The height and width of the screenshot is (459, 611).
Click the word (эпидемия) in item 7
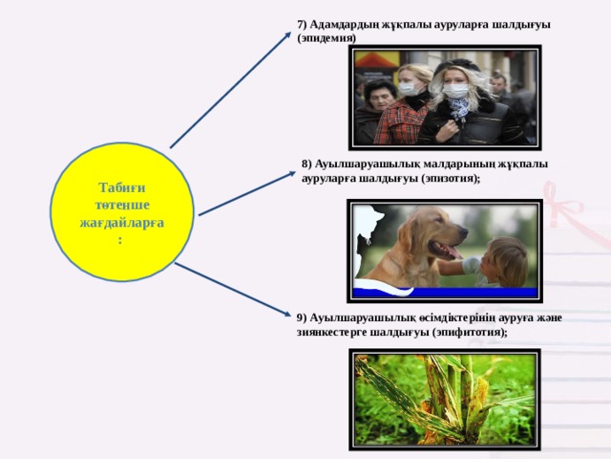click(x=327, y=38)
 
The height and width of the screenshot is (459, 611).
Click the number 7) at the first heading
click(x=302, y=25)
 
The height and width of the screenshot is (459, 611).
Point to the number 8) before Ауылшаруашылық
click(x=306, y=164)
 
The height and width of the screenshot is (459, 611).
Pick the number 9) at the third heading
click(x=302, y=318)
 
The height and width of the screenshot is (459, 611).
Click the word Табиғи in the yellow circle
click(x=122, y=187)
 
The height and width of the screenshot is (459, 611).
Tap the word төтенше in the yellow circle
click(x=122, y=205)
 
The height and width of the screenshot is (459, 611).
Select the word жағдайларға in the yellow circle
click(x=122, y=223)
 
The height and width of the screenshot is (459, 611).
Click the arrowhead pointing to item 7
click(x=287, y=35)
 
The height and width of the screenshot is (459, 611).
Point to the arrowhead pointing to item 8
click(x=292, y=174)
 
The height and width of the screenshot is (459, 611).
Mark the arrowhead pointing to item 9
click(x=286, y=313)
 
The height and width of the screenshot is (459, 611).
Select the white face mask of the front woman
click(x=455, y=91)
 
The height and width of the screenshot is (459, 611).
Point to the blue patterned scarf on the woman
click(x=458, y=107)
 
